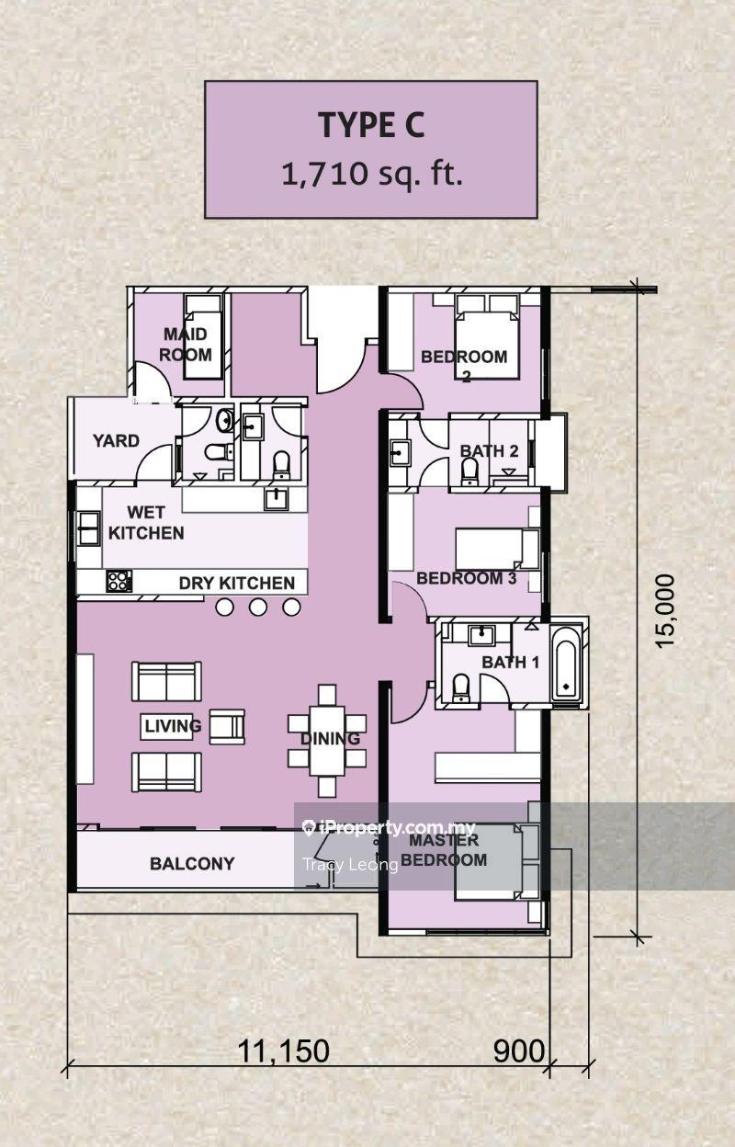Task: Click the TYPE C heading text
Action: [371, 125]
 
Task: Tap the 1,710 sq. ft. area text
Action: [372, 174]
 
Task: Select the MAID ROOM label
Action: [186, 345]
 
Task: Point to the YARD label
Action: [116, 441]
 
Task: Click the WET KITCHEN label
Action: [146, 523]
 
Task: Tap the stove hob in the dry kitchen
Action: [119, 581]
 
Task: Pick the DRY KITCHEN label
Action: [237, 584]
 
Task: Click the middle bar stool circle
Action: [258, 608]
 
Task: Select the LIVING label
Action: [173, 726]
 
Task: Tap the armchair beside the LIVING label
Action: [227, 727]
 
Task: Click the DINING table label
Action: [330, 738]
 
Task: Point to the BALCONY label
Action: [192, 864]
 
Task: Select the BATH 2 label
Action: [490, 451]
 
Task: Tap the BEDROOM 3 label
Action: [467, 578]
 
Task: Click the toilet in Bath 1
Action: [461, 687]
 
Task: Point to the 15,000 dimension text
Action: [666, 611]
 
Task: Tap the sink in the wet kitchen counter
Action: [276, 498]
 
